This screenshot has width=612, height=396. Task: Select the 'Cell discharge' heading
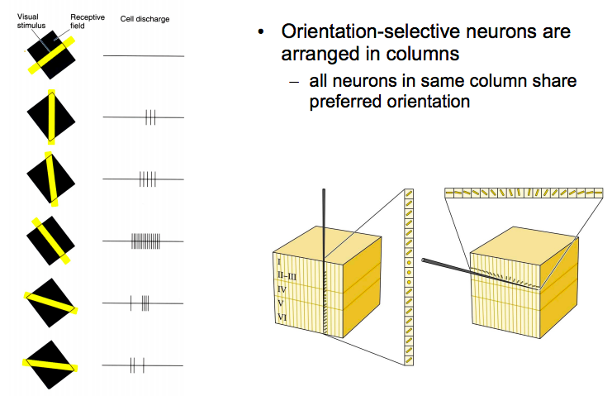[x=145, y=18]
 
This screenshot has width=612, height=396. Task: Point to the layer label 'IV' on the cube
[x=282, y=289]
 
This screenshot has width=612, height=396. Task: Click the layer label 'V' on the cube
[x=281, y=303]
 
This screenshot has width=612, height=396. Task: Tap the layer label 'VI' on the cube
[x=282, y=317]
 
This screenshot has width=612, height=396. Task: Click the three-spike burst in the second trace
[x=150, y=117]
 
